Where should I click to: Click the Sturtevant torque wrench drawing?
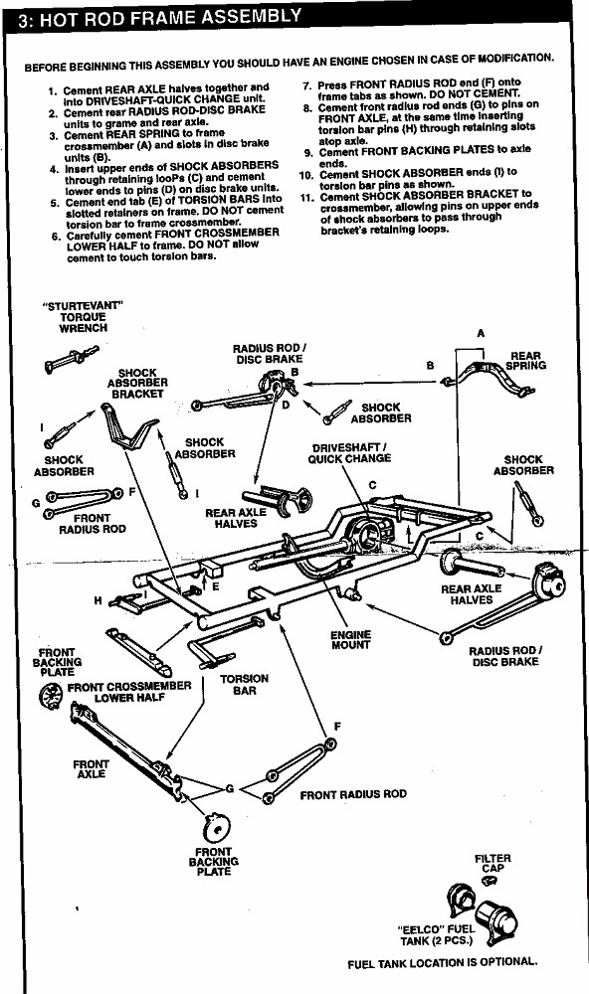[71, 358]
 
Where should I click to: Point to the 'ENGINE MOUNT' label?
[350, 639]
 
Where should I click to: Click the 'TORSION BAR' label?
[245, 684]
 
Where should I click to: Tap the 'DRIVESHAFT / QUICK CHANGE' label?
[350, 452]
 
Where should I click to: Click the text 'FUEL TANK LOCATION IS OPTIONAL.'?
[443, 963]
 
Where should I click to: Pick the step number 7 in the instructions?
[305, 84]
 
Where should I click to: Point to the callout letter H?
[98, 600]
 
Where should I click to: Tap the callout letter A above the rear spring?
[481, 333]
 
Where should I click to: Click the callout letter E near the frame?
[215, 587]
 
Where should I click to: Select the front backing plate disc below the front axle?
[216, 828]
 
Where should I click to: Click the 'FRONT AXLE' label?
[91, 769]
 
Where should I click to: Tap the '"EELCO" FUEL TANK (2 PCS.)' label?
[437, 935]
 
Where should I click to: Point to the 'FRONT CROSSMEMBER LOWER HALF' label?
[129, 692]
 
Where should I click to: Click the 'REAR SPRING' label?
[525, 361]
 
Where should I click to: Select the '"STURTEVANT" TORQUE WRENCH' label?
[84, 317]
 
